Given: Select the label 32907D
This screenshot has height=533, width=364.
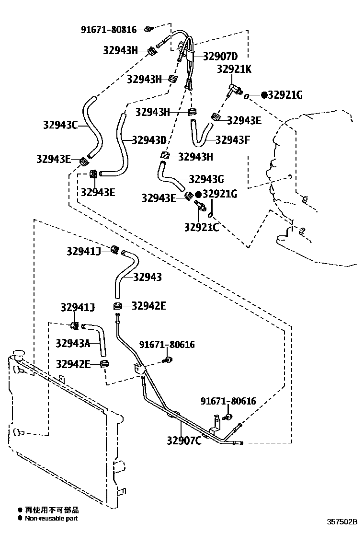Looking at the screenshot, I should point(220,56).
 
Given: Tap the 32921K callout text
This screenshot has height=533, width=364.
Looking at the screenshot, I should point(234,69).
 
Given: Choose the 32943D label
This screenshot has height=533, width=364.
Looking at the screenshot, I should point(149,140).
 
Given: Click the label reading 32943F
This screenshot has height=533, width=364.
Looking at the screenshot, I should point(233,139).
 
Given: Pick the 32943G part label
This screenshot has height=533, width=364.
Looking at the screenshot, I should point(206,179).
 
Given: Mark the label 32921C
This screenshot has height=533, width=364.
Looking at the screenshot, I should point(202,227).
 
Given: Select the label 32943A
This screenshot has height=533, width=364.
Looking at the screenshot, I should point(73,343).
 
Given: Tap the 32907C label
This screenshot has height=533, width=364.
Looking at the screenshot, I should point(184,440).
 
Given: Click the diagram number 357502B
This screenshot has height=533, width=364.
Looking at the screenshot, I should point(342,521).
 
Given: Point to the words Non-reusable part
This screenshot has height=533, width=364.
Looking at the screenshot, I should point(51,518).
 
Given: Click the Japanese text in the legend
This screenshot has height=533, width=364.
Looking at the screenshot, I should point(52,510).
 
